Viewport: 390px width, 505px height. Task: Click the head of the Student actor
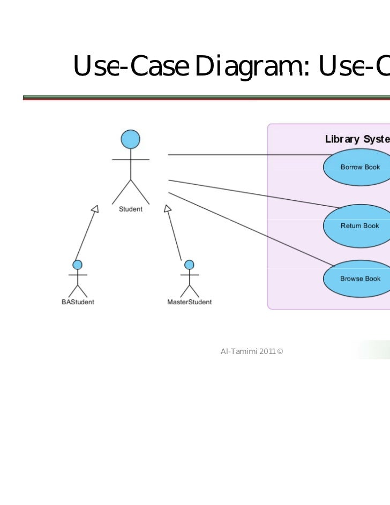tap(130, 139)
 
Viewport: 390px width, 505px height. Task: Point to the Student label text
tap(131, 209)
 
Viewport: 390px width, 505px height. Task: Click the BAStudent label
tap(78, 302)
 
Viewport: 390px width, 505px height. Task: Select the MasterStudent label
tap(189, 302)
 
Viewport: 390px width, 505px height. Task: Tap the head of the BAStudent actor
tap(78, 264)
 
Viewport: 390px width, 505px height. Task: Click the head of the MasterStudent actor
tap(189, 264)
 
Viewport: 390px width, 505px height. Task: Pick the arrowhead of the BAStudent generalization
tap(95, 209)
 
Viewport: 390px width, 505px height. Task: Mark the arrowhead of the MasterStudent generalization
tap(167, 209)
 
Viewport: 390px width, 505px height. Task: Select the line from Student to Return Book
tap(252, 193)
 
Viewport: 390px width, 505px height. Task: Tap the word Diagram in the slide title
tap(252, 66)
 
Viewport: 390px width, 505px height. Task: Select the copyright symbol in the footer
tap(280, 351)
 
